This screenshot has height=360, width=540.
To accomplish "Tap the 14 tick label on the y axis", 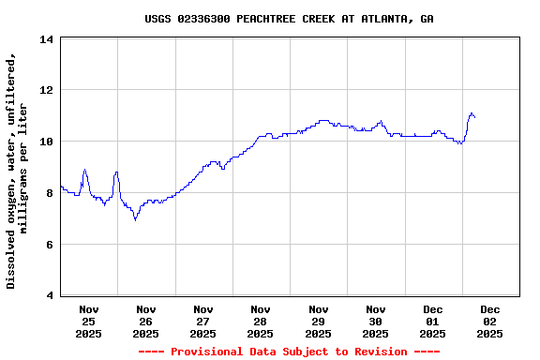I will (46, 39).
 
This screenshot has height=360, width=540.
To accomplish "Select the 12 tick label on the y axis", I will (46, 91).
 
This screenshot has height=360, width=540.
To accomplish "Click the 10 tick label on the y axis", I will (46, 142).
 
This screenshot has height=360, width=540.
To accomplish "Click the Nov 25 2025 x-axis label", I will (89, 321).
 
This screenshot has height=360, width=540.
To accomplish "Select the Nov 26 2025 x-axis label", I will (146, 321).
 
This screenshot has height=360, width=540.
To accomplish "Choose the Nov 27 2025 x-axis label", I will (203, 321).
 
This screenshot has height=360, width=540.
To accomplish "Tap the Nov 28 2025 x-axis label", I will (261, 321).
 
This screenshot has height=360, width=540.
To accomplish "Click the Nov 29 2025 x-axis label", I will (318, 321).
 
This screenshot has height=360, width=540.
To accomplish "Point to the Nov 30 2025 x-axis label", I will (375, 321).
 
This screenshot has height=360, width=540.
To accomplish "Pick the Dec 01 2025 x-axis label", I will (432, 321).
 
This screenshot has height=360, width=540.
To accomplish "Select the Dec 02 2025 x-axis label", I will (489, 321).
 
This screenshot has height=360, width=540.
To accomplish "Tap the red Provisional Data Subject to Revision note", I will (289, 352).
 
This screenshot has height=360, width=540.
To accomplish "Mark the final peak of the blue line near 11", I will (472, 113).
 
